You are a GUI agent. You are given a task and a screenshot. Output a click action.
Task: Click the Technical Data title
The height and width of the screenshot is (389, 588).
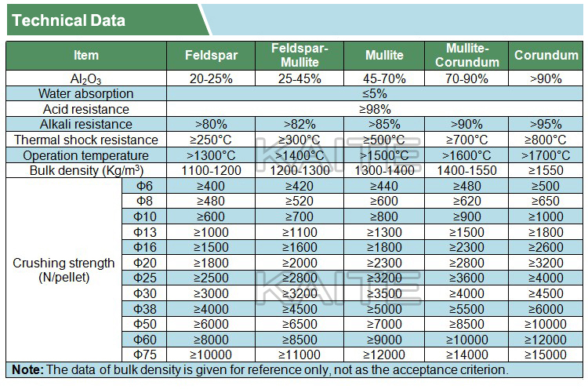[x=69, y=20]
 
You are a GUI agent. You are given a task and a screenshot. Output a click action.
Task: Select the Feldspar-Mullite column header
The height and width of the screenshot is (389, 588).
[x=299, y=55]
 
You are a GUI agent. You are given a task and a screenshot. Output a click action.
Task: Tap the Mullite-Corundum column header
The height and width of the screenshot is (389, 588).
[x=466, y=55]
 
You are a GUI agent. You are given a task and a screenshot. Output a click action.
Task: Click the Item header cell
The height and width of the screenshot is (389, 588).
[x=86, y=55]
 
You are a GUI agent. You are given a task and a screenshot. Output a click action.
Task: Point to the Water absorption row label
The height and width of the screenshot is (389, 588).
[x=86, y=94]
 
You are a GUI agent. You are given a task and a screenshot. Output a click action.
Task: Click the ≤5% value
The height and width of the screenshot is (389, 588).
[x=373, y=94]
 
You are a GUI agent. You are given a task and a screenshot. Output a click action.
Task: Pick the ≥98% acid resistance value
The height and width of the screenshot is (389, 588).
[x=373, y=109]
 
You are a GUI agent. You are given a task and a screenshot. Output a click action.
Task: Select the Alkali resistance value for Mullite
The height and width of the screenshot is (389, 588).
[x=384, y=124]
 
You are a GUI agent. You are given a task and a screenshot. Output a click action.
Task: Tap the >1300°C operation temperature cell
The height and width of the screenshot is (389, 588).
[x=211, y=155]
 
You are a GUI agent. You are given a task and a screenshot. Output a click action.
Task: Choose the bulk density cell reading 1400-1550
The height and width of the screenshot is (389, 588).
[x=466, y=170]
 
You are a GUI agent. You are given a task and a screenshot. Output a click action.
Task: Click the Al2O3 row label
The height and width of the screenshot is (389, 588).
[x=86, y=79]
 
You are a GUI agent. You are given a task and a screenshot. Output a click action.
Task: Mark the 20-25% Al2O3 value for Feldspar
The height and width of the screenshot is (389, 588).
[x=211, y=79]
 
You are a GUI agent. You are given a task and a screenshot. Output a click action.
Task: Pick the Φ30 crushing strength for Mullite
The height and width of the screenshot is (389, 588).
[x=384, y=293]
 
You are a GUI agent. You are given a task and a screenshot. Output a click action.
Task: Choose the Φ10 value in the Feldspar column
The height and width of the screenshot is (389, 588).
[x=211, y=216]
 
